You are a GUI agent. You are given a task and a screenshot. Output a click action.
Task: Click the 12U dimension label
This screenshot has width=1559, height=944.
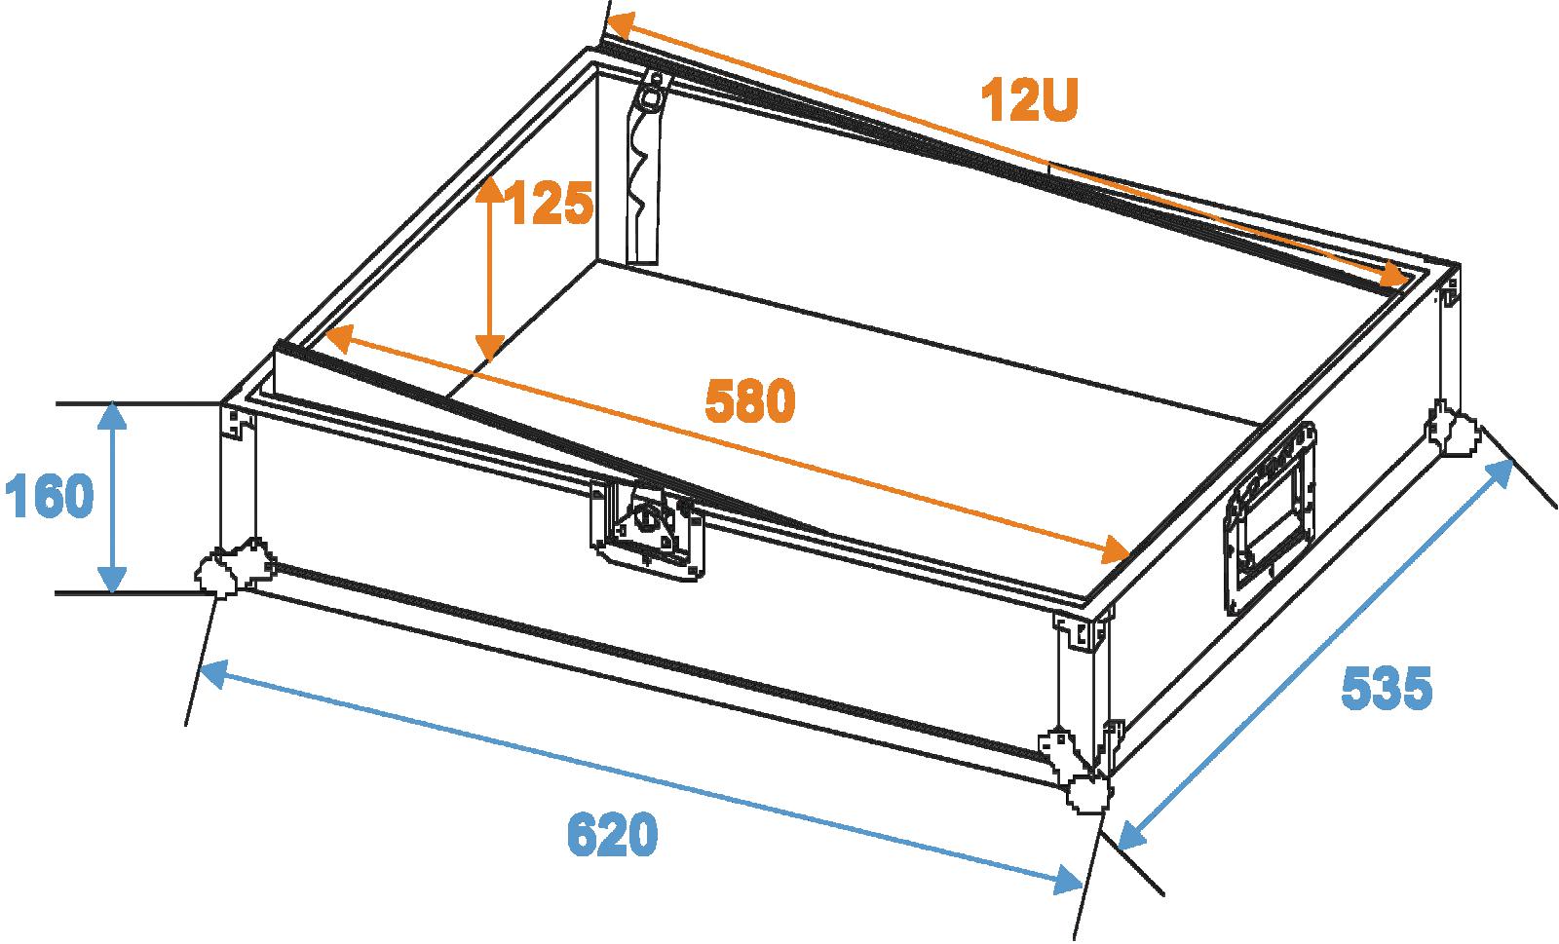[x=1029, y=101]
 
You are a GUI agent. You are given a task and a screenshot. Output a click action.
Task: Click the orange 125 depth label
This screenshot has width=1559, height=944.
[x=550, y=204]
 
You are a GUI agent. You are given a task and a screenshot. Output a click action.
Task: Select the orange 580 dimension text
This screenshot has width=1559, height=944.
[x=749, y=400]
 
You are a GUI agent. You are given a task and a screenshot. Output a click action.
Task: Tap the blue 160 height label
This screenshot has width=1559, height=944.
[x=49, y=495]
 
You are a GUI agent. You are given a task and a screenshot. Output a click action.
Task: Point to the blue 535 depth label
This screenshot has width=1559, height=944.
[x=1387, y=688]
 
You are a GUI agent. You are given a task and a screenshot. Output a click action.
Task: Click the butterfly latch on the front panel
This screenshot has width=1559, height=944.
[x=647, y=529]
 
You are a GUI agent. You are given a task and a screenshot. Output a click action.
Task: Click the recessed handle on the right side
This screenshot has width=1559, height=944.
[x=1271, y=517]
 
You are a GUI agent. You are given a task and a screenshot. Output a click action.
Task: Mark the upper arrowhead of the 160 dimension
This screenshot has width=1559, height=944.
[x=112, y=416]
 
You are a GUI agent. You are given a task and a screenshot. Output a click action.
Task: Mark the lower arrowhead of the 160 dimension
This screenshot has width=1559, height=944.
[x=112, y=581]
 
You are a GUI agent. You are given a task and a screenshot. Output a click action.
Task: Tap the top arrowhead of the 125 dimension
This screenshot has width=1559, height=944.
[x=490, y=189]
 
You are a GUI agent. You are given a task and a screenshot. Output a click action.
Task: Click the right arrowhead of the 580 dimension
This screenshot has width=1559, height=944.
[x=1115, y=549]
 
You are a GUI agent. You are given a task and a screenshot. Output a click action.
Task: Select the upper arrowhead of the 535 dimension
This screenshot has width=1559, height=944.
[x=1500, y=474]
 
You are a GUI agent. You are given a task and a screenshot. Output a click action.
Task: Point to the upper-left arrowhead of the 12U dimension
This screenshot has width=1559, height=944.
[x=621, y=26]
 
